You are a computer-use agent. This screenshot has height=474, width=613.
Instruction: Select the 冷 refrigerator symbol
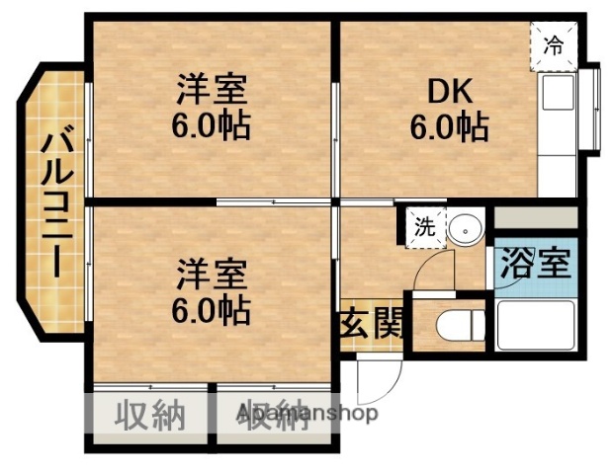[x=555, y=45]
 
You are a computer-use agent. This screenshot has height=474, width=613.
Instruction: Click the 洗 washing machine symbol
[x=424, y=226]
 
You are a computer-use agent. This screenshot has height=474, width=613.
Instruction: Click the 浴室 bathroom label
[x=534, y=264]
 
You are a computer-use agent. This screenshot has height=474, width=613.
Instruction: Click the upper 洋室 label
[x=211, y=90]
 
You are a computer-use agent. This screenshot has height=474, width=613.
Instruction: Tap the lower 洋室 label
[x=211, y=274]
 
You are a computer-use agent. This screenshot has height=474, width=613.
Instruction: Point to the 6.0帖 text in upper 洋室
[x=211, y=125]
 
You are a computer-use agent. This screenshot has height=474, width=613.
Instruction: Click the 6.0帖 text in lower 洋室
[x=211, y=310]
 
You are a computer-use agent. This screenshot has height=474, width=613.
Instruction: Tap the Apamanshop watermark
[x=306, y=414]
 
